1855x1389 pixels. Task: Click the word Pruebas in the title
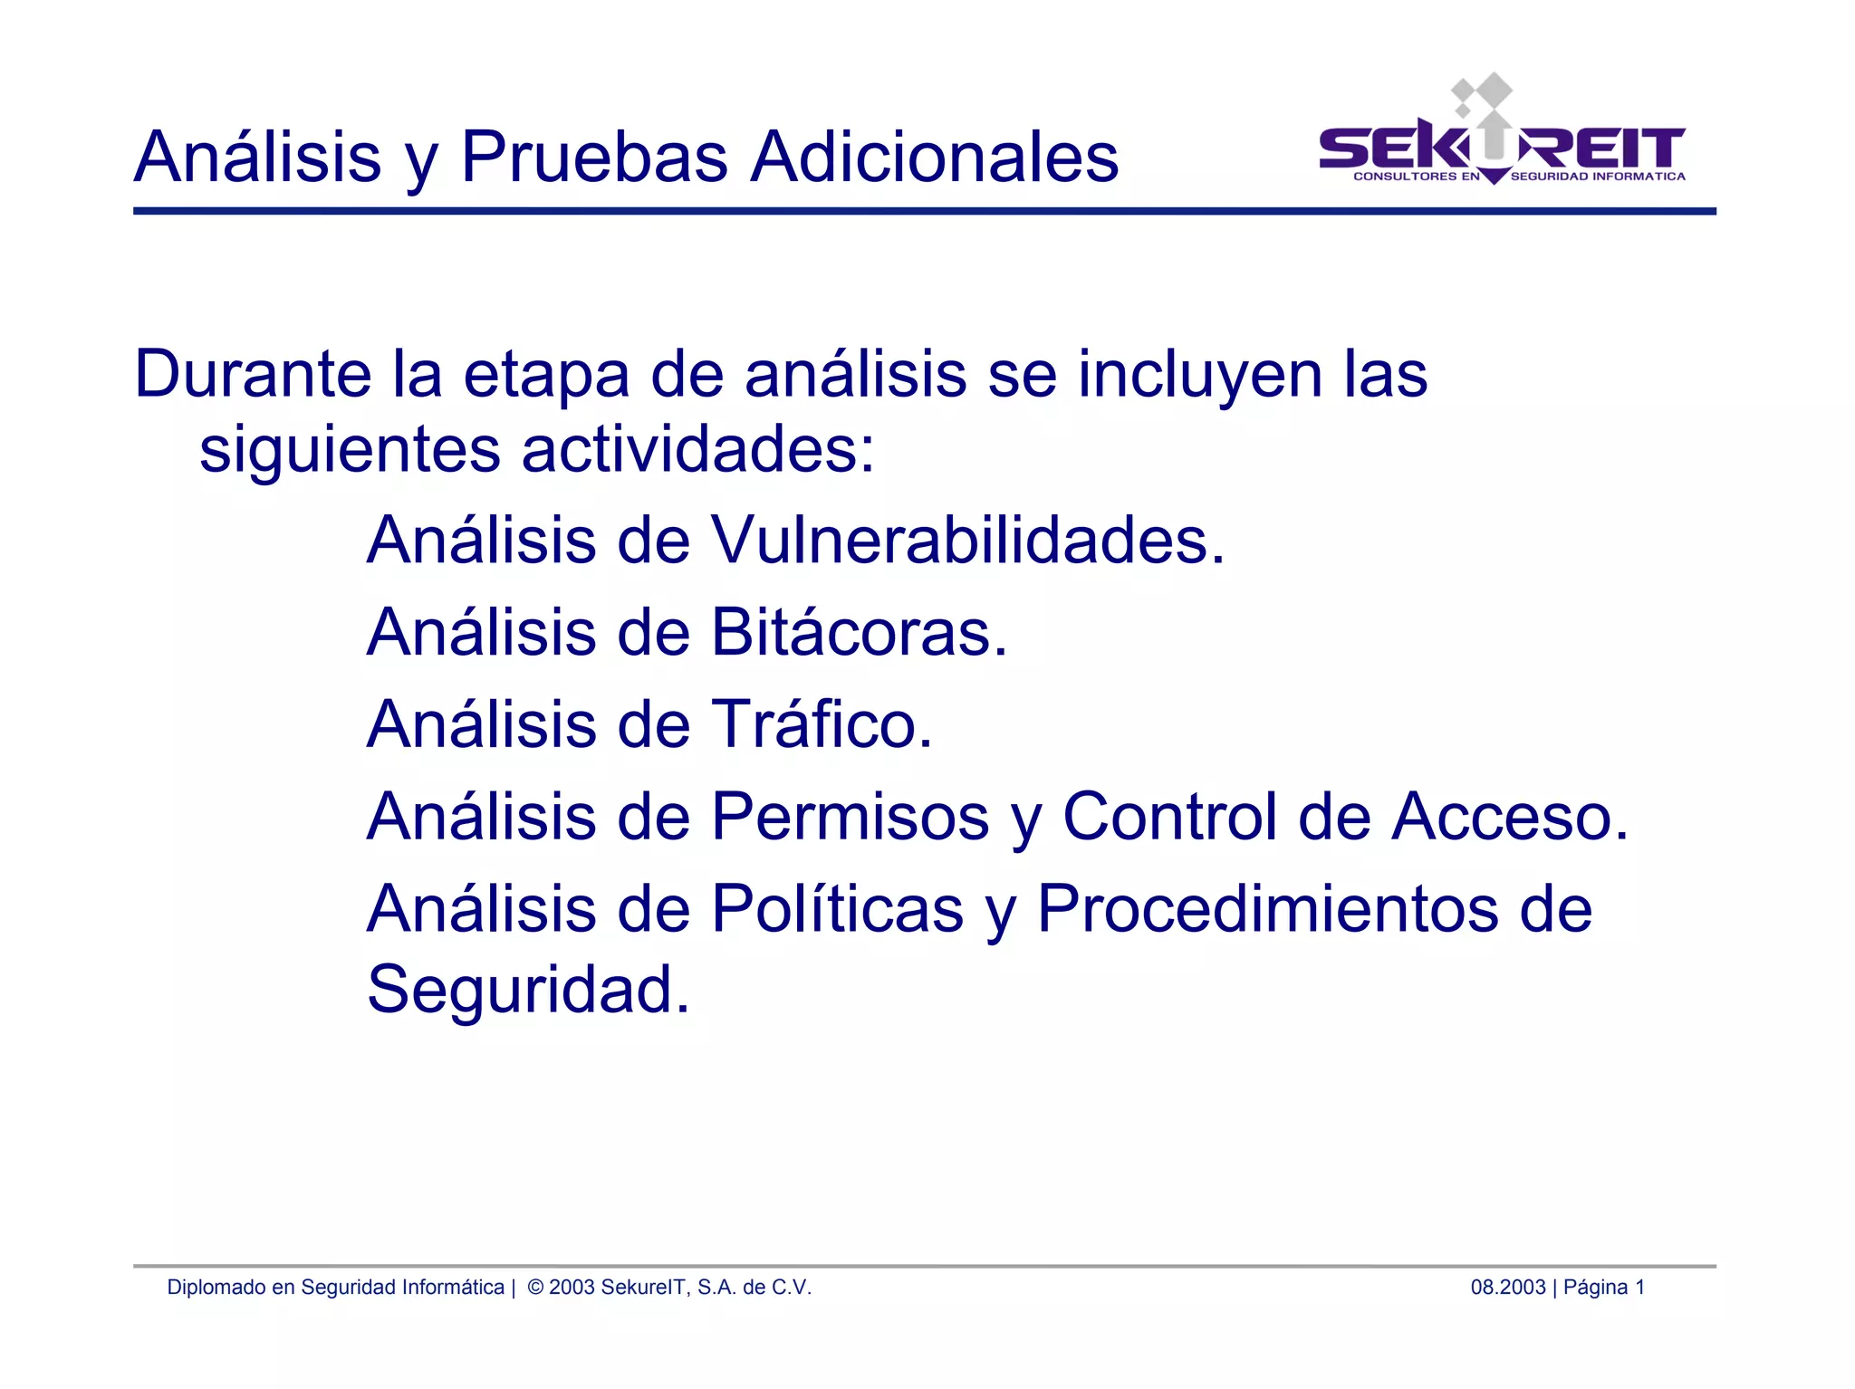click(594, 157)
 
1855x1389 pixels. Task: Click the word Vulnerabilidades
click(967, 541)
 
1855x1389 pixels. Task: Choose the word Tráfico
click(822, 724)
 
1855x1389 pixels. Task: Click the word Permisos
click(851, 817)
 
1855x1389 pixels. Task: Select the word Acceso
click(1510, 817)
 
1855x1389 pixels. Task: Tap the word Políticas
click(838, 908)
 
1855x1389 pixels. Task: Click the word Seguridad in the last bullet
click(528, 989)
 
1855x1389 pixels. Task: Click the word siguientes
click(350, 450)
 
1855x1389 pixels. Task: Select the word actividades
click(698, 450)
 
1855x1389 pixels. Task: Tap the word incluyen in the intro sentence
click(1200, 375)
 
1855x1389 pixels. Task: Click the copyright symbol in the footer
click(535, 1288)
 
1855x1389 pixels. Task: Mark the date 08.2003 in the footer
click(1507, 1288)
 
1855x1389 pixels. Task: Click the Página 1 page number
click(1604, 1288)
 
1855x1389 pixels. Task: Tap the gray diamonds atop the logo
click(1483, 93)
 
